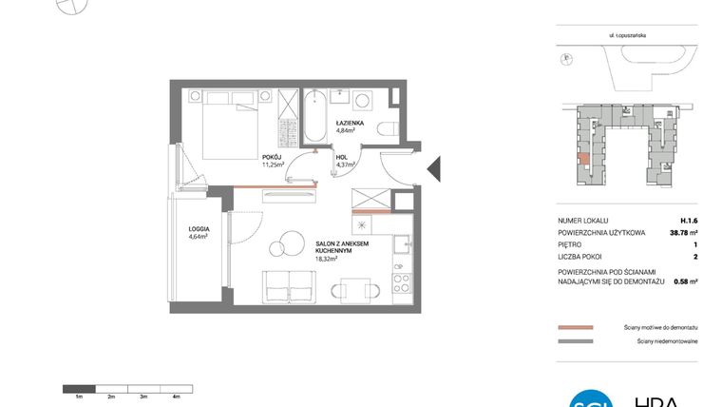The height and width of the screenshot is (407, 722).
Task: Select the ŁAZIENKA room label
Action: (x=350, y=123)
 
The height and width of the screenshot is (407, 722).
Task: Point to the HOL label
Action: (x=342, y=157)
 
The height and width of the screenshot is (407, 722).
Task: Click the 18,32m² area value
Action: (x=329, y=257)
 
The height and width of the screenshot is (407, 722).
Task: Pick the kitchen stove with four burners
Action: (x=401, y=282)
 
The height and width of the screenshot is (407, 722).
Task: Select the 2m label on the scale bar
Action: (x=111, y=396)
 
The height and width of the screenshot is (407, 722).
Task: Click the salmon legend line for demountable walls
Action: (x=577, y=325)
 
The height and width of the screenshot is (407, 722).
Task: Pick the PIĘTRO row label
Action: (x=571, y=244)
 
